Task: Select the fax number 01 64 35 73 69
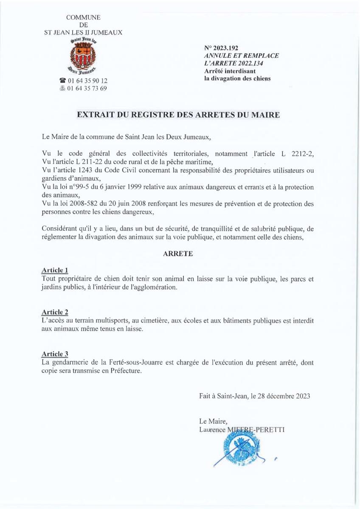point(87,88)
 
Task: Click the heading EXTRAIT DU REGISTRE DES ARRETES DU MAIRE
point(178,115)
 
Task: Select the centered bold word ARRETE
point(178,254)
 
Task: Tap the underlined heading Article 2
point(55,312)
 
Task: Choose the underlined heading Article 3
point(55,354)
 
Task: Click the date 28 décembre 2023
point(282,397)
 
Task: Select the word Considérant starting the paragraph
point(59,229)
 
